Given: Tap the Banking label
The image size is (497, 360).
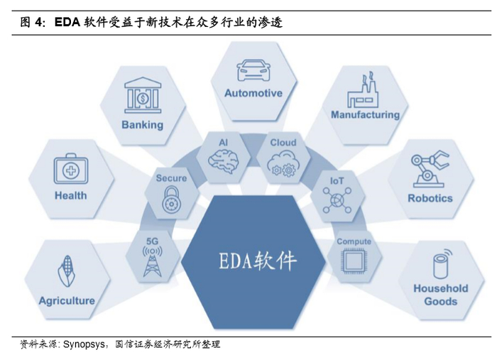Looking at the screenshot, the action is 142,125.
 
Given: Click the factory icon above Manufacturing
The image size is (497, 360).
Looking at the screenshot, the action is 365,91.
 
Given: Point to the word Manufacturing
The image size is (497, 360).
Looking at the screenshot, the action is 365,115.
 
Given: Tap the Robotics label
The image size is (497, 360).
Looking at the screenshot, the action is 430,198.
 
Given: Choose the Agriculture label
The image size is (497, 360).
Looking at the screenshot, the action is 66,300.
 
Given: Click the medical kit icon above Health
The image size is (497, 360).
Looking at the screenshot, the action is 70,170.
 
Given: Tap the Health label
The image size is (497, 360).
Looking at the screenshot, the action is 70,195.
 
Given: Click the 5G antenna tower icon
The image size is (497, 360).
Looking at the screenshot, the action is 151,261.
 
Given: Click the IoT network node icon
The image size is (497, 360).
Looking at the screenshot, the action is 336,201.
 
